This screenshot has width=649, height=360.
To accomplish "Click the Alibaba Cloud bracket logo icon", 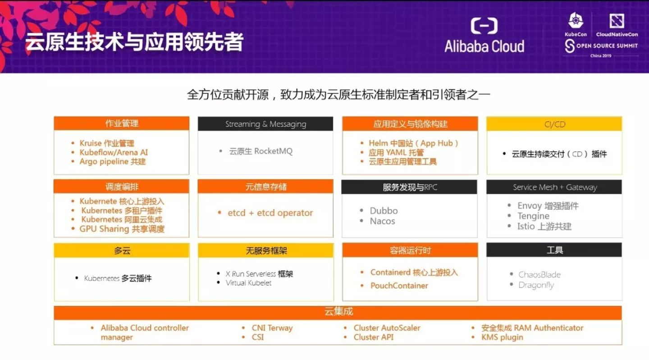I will (484, 26).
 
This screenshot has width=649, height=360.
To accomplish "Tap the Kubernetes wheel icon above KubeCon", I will (576, 20).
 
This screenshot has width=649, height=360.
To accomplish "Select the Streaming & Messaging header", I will (265, 124).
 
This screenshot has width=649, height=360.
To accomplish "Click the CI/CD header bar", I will (554, 124).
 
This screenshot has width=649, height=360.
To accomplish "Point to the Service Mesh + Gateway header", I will (554, 187).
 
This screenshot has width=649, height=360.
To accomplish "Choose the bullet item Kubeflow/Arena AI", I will (114, 152).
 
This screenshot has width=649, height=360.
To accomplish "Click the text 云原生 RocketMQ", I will (261, 151).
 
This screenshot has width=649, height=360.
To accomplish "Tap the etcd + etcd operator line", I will (270, 213).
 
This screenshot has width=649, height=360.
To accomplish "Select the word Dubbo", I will (384, 210).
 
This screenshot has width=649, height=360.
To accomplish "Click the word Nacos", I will (382, 221).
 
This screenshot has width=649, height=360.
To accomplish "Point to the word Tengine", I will (533, 216).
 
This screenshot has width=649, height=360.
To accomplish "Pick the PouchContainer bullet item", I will (399, 286).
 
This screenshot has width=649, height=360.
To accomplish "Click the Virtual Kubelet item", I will (249, 283).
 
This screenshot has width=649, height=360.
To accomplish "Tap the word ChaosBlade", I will (539, 274).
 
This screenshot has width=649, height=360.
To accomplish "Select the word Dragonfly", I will (536, 285).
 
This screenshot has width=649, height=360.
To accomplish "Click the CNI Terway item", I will (272, 328).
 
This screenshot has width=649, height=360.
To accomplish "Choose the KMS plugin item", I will (502, 337).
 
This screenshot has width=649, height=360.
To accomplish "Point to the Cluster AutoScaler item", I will (387, 328).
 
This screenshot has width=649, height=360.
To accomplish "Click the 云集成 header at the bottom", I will (338, 312).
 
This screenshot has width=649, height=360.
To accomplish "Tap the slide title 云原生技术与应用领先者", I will (134, 42).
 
